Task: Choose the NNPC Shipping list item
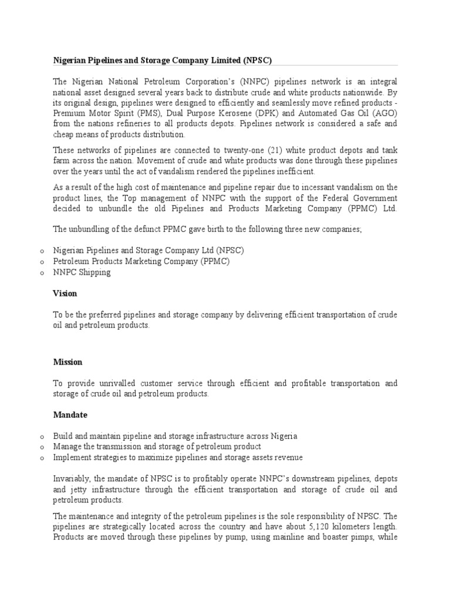click(82, 272)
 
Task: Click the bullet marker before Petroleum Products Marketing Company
click(42, 261)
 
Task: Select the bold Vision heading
click(65, 293)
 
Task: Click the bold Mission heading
click(68, 362)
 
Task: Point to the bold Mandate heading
click(70, 414)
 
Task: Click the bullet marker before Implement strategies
click(42, 457)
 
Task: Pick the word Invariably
click(72, 478)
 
